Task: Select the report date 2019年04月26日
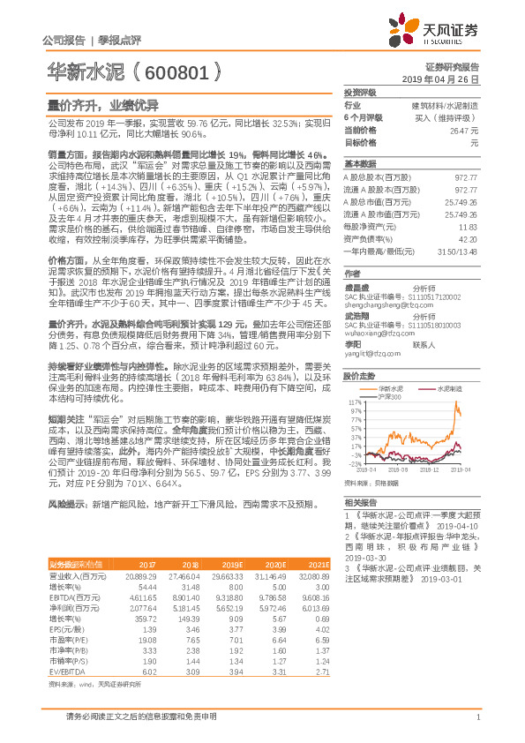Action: (450, 79)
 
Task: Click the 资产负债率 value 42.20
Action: (468, 238)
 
